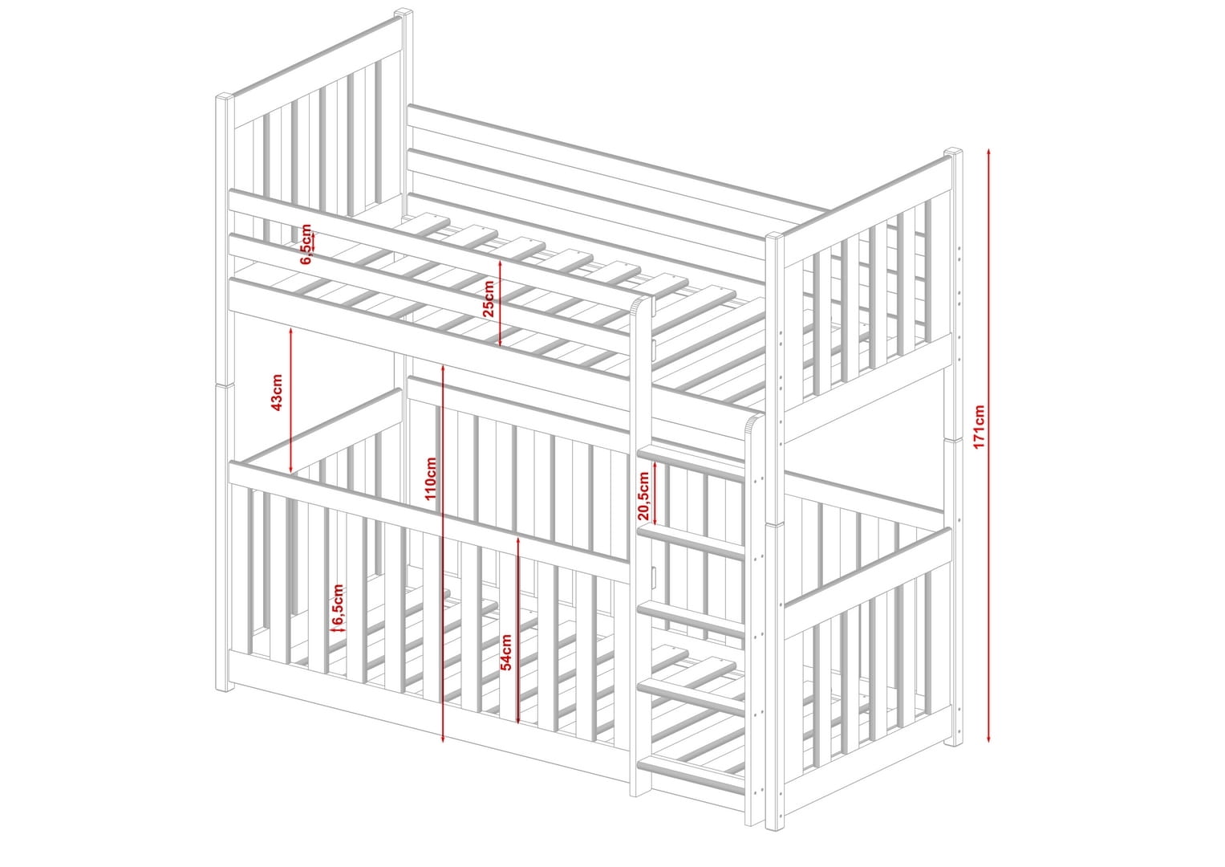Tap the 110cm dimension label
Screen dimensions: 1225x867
pyautogui.click(x=431, y=478)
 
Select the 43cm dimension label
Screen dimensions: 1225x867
pyautogui.click(x=277, y=392)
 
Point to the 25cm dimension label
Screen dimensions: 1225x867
pyautogui.click(x=489, y=299)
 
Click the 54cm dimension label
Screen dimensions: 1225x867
pyautogui.click(x=506, y=652)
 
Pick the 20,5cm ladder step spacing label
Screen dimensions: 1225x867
pyautogui.click(x=643, y=495)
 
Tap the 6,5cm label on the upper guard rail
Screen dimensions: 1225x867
pyautogui.click(x=306, y=244)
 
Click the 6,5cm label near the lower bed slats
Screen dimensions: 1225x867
pyautogui.click(x=338, y=604)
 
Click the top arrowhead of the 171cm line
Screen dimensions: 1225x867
pyautogui.click(x=989, y=151)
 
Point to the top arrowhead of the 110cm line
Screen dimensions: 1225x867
pyautogui.click(x=443, y=368)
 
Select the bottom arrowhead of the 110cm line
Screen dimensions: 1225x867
pyautogui.click(x=443, y=739)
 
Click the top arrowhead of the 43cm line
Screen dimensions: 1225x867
pyautogui.click(x=290, y=330)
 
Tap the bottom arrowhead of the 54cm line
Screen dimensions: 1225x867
pyautogui.click(x=518, y=719)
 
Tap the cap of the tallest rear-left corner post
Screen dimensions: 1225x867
pyautogui.click(x=404, y=11)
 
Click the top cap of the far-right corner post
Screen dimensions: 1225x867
pyautogui.click(x=953, y=151)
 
